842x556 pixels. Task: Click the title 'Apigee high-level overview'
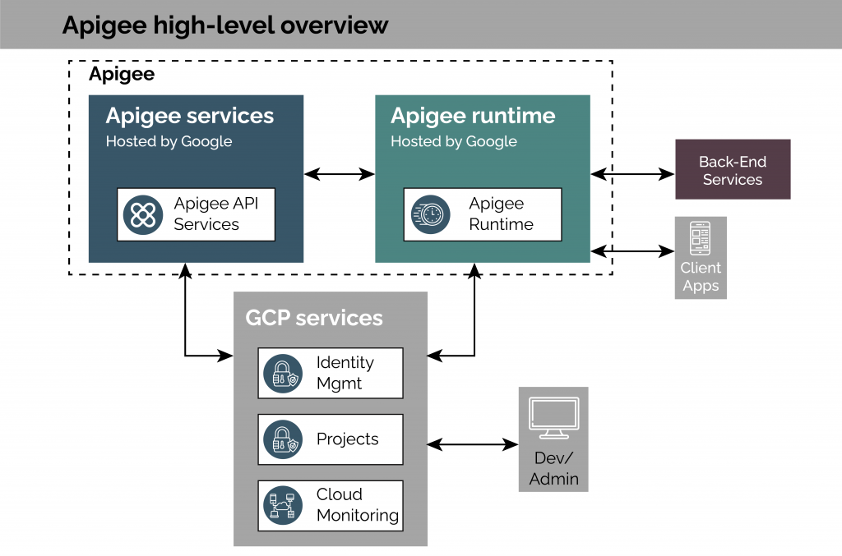point(224,25)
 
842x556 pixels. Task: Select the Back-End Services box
point(732,169)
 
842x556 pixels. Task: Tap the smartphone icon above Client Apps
point(700,239)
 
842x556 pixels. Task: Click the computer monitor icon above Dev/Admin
point(553,419)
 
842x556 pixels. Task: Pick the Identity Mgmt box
point(331,373)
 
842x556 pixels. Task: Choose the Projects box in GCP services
point(331,439)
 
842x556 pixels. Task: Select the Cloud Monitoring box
point(331,505)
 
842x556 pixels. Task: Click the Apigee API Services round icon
point(143,214)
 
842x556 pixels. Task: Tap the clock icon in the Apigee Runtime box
point(431,214)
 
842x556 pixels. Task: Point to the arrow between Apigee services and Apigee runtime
point(339,174)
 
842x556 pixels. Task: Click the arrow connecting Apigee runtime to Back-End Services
point(631,174)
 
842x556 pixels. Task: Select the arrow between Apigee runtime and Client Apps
point(631,250)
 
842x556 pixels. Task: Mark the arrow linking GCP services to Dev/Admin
point(472,444)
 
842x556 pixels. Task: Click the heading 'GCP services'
point(313,318)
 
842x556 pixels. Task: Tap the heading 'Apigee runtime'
point(473,116)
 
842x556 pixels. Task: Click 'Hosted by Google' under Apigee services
point(169,141)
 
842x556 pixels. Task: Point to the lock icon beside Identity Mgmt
point(281,373)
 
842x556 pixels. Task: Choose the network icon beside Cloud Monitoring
point(281,505)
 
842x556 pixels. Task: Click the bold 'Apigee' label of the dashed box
point(121,75)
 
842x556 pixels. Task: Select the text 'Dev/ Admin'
point(553,468)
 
